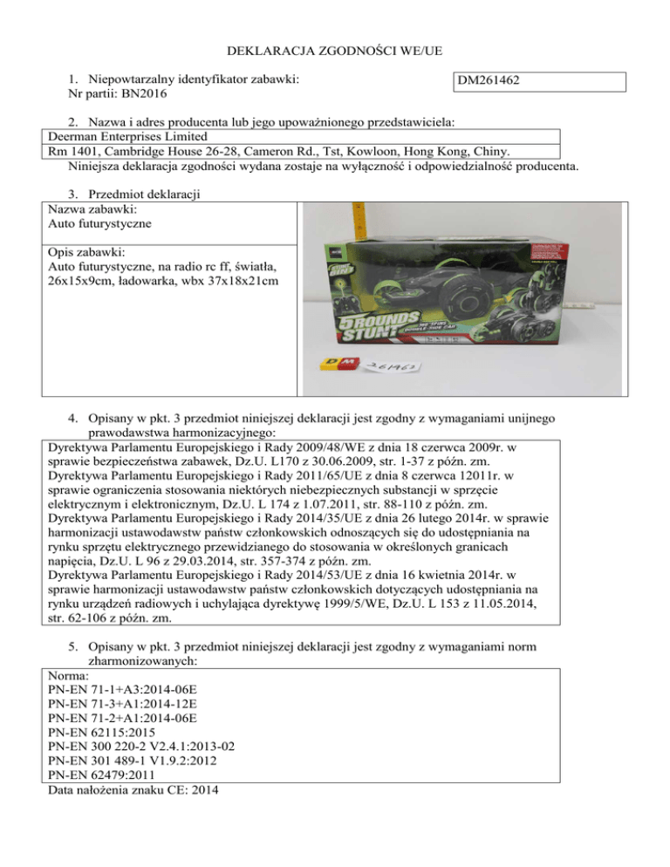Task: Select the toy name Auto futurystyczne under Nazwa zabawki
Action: click(100, 224)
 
